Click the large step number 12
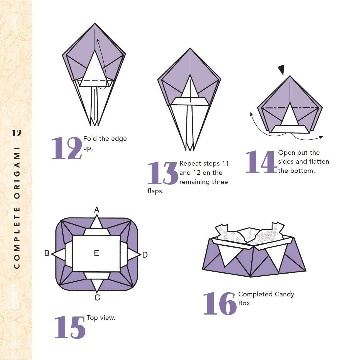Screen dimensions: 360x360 pyautogui.click(x=67, y=149)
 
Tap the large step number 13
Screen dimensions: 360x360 pyautogui.click(x=162, y=173)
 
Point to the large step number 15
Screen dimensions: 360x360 pyautogui.click(x=70, y=327)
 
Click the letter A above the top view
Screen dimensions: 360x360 pyautogui.click(x=97, y=210)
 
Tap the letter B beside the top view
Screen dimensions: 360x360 pyautogui.click(x=47, y=253)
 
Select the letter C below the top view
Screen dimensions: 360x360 pyautogui.click(x=97, y=298)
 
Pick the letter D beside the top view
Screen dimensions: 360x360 pyautogui.click(x=145, y=255)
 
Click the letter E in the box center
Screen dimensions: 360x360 pyautogui.click(x=96, y=253)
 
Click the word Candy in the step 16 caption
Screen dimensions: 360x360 pyautogui.click(x=284, y=294)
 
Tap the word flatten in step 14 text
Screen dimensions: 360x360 pyautogui.click(x=319, y=161)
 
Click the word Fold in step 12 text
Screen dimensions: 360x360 pyautogui.click(x=89, y=139)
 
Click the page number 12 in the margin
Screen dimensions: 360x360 pyautogui.click(x=17, y=133)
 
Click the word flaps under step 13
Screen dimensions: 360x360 pyautogui.click(x=155, y=191)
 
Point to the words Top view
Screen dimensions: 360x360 pyautogui.click(x=101, y=318)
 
